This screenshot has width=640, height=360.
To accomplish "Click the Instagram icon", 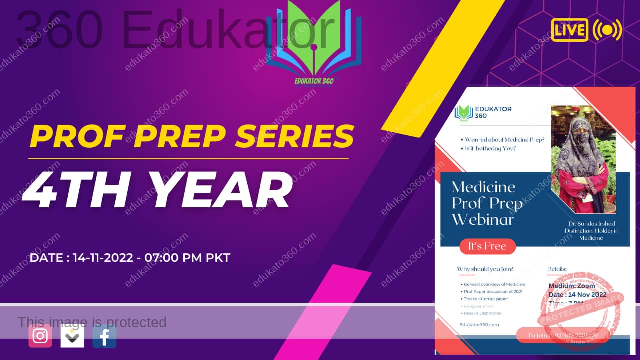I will (40, 336).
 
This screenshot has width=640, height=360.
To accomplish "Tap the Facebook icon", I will (104, 336).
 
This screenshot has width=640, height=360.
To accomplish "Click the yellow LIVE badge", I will (569, 30).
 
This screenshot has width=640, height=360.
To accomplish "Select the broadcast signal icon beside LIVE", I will (607, 30).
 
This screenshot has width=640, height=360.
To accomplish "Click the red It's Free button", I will (487, 246).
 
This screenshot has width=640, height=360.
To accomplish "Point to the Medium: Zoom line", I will (572, 286).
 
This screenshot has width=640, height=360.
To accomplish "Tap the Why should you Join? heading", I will (485, 269).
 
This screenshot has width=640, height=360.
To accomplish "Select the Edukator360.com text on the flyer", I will (479, 325).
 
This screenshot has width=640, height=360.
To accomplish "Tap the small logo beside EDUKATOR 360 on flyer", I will (463, 112).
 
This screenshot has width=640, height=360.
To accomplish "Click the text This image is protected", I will (92, 322).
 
